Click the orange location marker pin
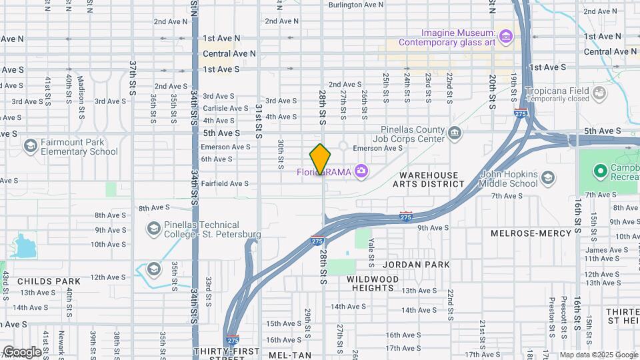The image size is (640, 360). click(x=320, y=159)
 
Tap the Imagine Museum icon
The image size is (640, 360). click(x=506, y=35)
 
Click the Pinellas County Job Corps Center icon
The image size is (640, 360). click(x=455, y=133)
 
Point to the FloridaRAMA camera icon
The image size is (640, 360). click(x=361, y=171)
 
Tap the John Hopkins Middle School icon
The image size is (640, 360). click(x=547, y=177)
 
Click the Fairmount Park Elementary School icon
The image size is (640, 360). click(x=30, y=145)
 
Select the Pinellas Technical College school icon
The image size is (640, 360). click(x=153, y=229)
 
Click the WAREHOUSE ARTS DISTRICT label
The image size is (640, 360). click(x=429, y=180)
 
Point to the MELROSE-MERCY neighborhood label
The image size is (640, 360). click(x=531, y=233)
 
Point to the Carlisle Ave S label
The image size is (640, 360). click(x=225, y=108)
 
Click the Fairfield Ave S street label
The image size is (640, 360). click(x=225, y=183)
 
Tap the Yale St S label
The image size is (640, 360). click(x=371, y=250)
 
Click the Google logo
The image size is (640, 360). click(x=22, y=351)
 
